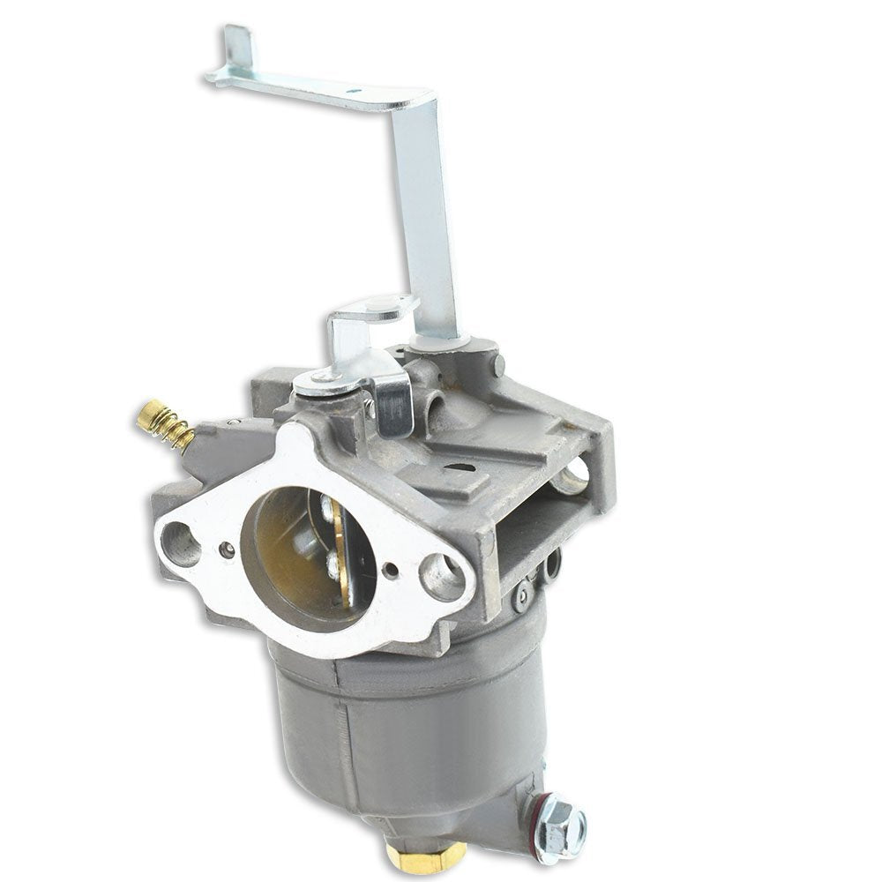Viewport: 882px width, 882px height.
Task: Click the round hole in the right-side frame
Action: tap(574, 475)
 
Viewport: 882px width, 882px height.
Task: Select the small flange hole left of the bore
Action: tap(228, 548)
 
